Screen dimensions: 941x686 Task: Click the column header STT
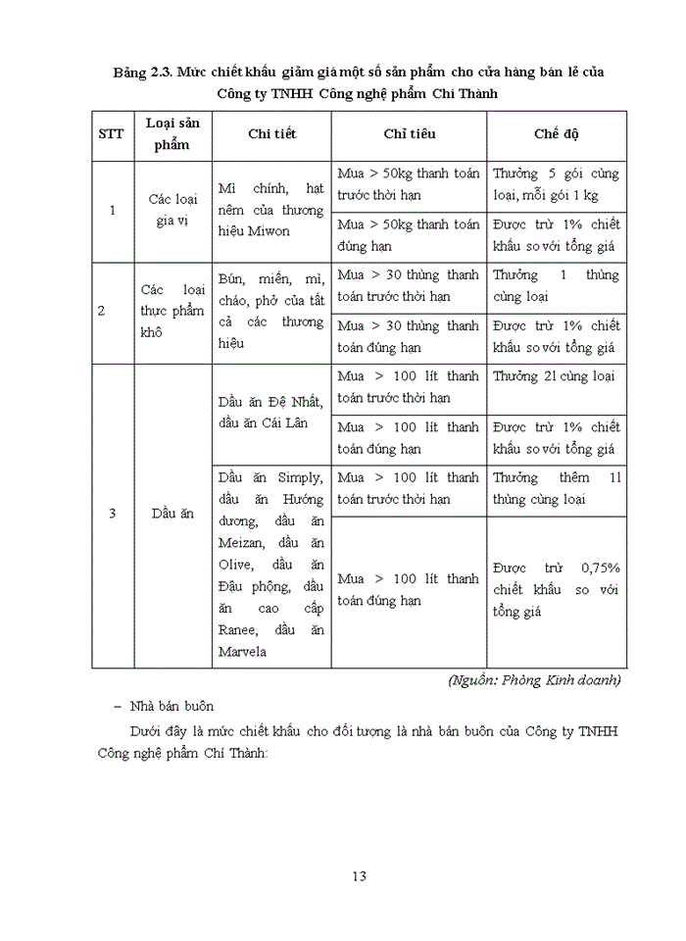[x=112, y=134]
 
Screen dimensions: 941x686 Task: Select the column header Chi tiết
[x=271, y=134]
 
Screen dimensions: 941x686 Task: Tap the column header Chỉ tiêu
[x=409, y=134]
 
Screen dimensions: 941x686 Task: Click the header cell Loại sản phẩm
[x=172, y=134]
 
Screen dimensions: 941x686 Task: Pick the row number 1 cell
[x=112, y=210]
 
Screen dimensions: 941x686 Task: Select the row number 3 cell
[x=112, y=514]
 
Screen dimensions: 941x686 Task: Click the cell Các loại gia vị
[x=172, y=210]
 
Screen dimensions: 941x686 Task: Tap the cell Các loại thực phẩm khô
[x=172, y=312]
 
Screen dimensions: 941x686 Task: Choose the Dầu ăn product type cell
[x=172, y=514]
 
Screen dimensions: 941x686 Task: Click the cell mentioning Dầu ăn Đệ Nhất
[x=271, y=412]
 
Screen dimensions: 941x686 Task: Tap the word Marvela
[x=243, y=651]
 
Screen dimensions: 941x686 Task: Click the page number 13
[x=359, y=875]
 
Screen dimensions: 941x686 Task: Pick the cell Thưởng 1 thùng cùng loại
[x=555, y=285]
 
